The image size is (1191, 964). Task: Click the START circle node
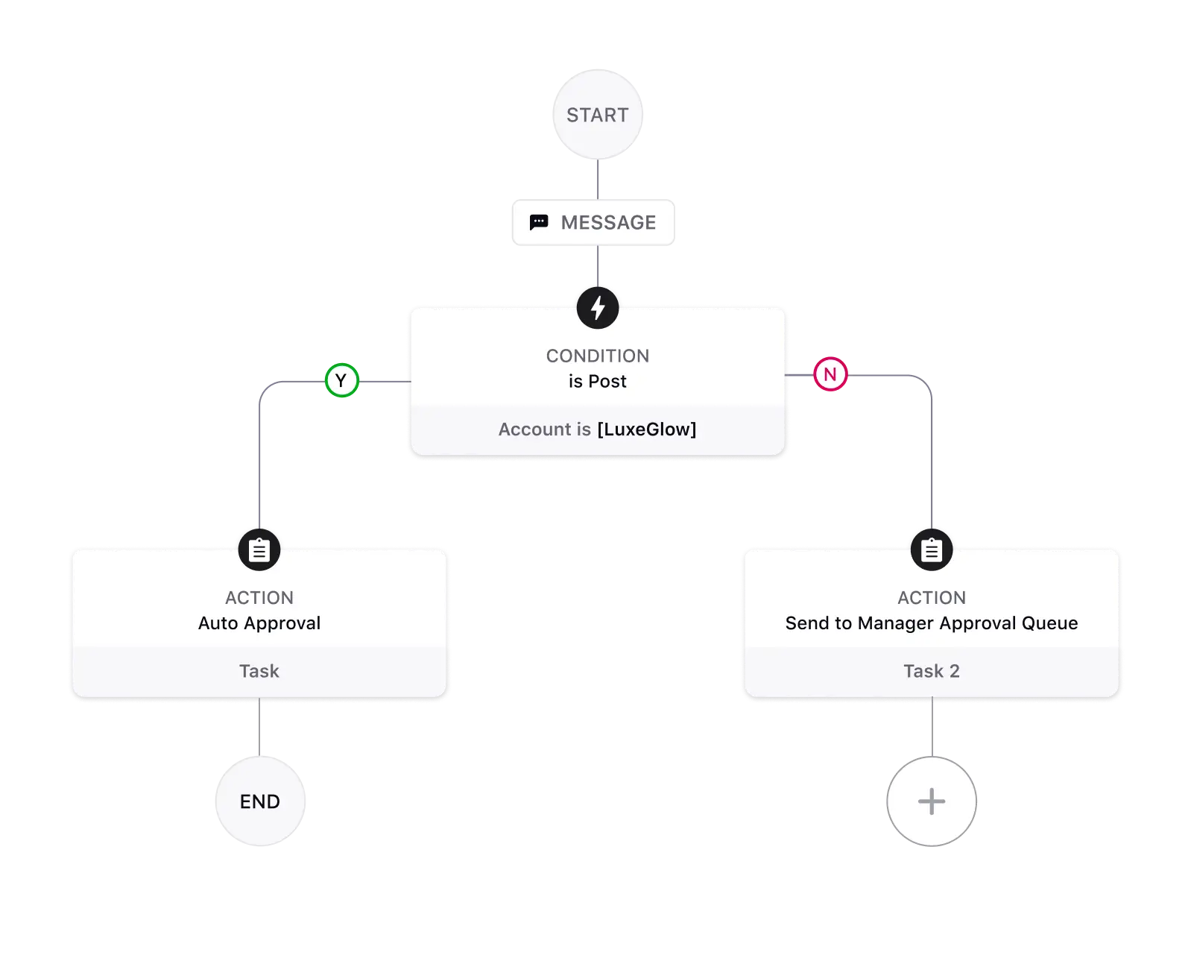597,114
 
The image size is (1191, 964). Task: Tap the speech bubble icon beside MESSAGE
539,222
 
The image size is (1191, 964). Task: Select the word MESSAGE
608,222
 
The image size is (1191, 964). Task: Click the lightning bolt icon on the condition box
598,307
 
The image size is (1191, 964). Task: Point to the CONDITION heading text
598,356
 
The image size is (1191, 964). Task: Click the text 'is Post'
598,381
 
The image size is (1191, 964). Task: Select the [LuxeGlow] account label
646,429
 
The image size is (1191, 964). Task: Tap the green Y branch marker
341,381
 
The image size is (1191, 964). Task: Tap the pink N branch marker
830,374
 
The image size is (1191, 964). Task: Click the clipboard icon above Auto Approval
259,550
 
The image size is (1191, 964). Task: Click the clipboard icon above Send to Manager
932,550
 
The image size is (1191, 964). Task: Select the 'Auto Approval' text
259,623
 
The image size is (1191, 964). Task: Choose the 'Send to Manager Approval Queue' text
932,623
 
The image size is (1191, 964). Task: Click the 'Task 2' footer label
932,671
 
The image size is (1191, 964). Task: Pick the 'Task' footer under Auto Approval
259,671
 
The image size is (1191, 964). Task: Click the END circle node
260,801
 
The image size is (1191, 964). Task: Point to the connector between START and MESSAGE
598,179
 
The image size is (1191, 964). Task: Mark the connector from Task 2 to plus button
932,727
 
